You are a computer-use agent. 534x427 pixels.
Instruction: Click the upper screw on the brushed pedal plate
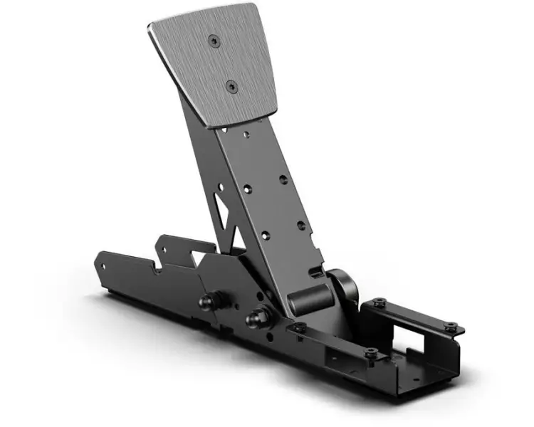[214, 42]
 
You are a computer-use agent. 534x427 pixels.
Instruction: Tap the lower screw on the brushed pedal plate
[231, 86]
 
